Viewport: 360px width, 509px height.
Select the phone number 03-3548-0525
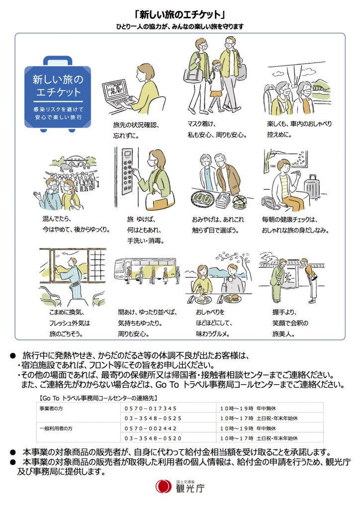(x=153, y=419)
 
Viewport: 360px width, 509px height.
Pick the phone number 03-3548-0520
(x=153, y=438)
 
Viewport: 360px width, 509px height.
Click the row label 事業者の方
(x=51, y=409)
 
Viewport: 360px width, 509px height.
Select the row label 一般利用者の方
(x=56, y=428)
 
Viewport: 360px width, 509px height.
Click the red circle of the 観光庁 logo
(x=163, y=486)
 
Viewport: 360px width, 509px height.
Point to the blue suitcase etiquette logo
(x=58, y=94)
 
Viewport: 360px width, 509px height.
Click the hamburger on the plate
(x=235, y=297)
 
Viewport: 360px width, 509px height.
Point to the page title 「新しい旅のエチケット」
(x=180, y=14)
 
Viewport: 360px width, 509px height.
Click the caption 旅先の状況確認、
(x=136, y=125)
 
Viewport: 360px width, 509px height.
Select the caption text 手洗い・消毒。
(x=146, y=241)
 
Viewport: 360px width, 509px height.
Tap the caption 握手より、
(x=284, y=312)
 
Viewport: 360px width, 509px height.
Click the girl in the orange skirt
(x=215, y=86)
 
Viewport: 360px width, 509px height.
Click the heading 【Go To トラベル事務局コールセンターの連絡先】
(x=98, y=398)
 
